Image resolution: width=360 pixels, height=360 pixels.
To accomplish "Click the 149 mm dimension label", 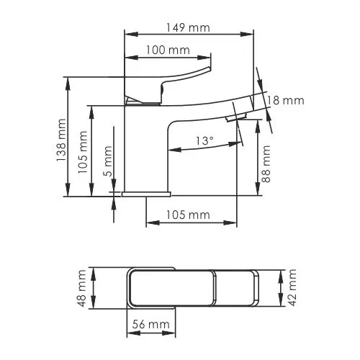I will click(189, 27).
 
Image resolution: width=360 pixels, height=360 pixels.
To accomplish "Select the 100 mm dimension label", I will click(168, 50).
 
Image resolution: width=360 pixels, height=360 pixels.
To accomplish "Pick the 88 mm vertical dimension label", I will click(266, 164).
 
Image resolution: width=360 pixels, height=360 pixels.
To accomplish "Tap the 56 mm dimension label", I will click(150, 325).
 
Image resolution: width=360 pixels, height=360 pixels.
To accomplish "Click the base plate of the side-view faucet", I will click(145, 194).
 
